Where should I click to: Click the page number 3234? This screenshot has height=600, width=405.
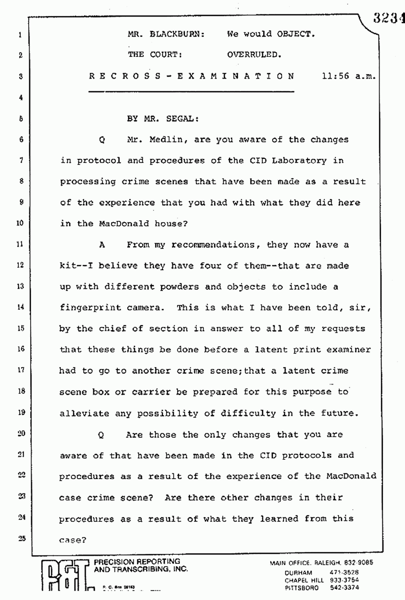coord(389,17)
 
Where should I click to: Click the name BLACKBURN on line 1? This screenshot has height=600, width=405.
coord(177,34)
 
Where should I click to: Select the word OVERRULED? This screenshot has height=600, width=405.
coord(254,55)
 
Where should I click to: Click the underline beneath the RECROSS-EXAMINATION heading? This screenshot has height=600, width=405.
coord(192,91)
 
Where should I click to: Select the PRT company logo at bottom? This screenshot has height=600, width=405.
coord(66,576)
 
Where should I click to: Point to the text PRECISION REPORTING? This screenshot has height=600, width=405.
coord(137,561)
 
